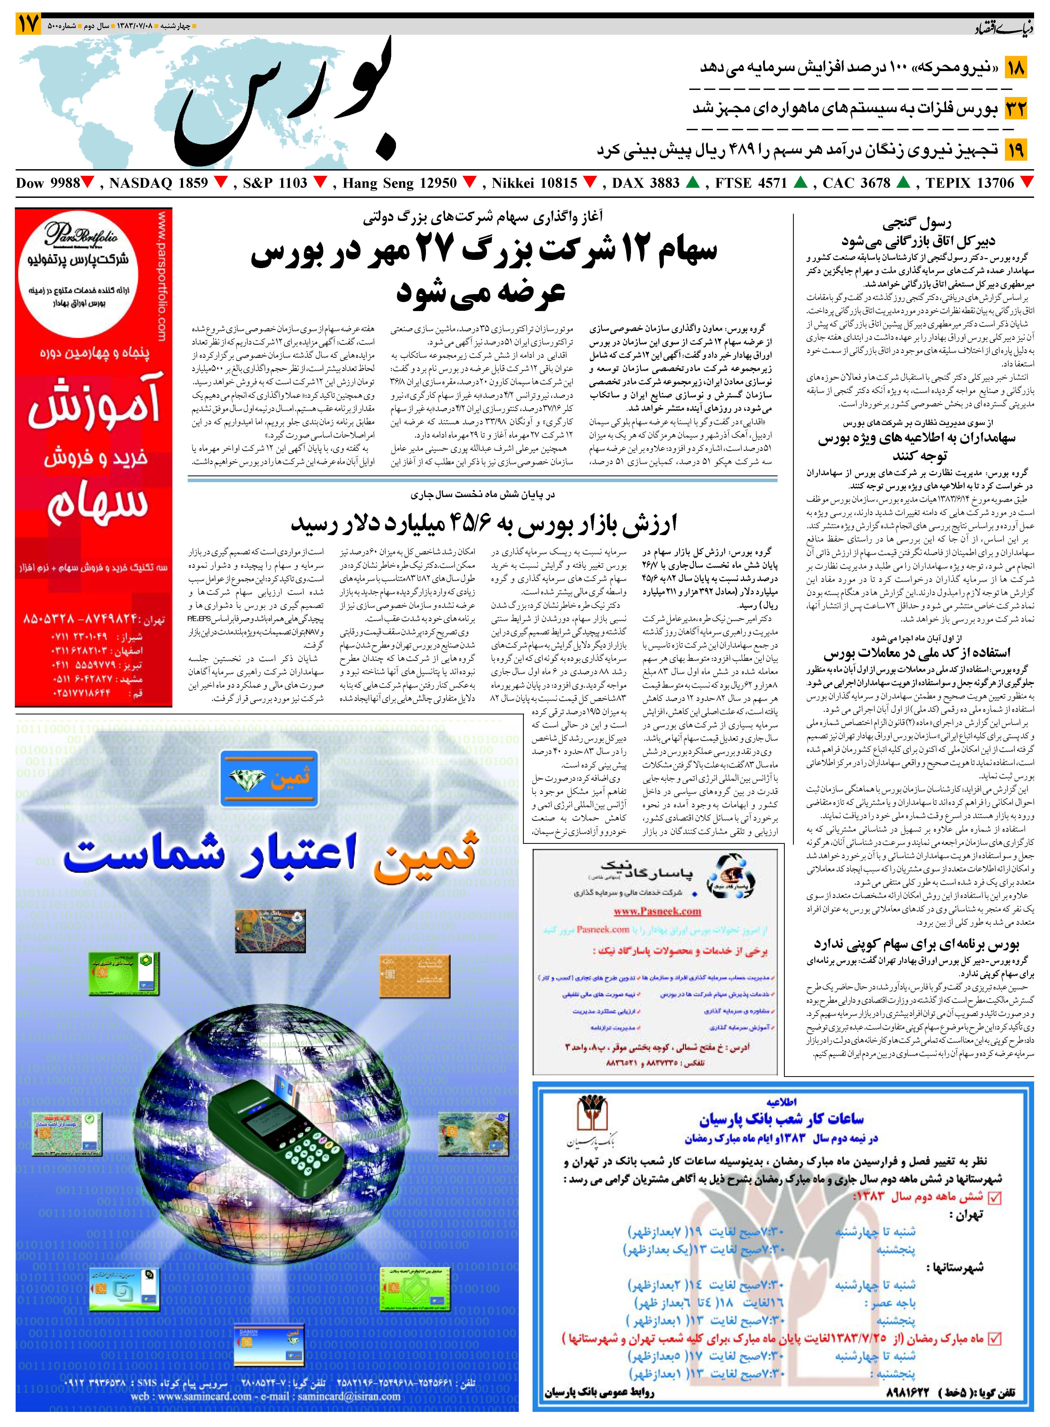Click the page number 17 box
(x=29, y=24)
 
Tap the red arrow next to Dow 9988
(x=88, y=184)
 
